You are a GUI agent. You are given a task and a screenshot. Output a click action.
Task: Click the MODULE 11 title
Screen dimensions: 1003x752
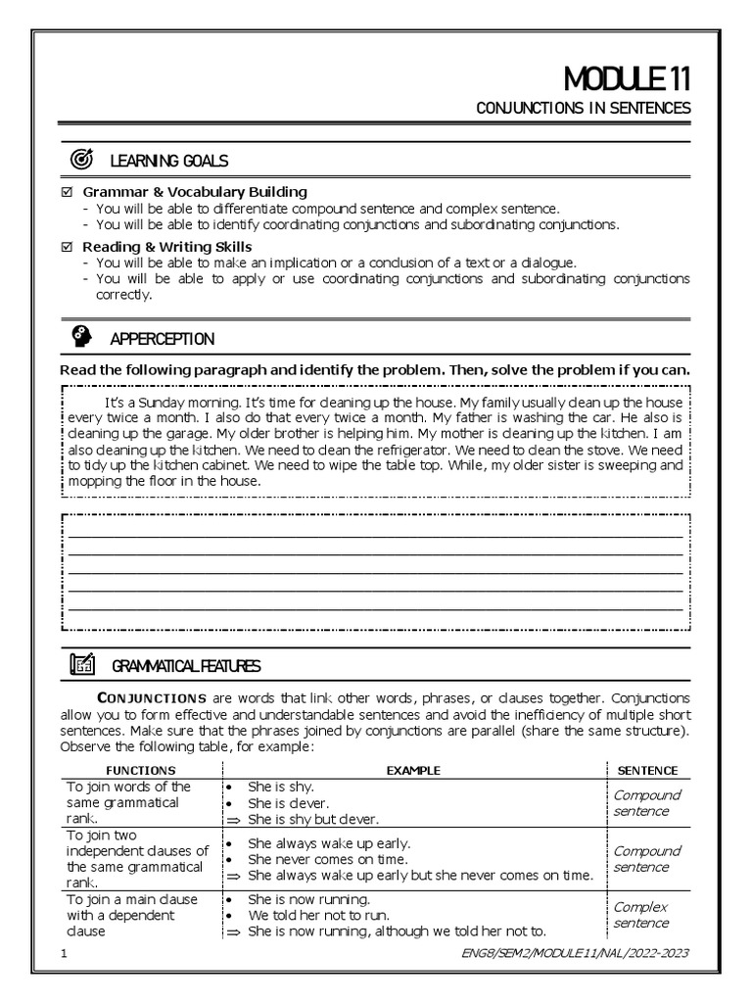[x=627, y=79]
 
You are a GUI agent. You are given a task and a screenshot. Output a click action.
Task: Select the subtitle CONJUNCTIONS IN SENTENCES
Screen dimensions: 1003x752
[x=583, y=108]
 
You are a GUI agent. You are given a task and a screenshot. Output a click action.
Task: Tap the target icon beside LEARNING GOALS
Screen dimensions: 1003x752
[x=82, y=159]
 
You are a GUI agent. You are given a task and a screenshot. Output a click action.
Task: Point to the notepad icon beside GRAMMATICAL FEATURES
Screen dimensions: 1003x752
[x=82, y=665]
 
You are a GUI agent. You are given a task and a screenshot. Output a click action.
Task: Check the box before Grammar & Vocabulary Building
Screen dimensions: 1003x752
[x=67, y=192]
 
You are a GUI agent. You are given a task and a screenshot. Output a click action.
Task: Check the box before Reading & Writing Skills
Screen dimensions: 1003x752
[x=67, y=247]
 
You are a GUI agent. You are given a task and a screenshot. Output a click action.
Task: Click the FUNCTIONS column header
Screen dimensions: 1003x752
[x=141, y=771]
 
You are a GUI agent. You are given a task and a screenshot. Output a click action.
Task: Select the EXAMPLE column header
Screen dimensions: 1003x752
[x=413, y=771]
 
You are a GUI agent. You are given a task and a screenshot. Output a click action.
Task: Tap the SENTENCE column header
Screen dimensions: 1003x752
[x=647, y=771]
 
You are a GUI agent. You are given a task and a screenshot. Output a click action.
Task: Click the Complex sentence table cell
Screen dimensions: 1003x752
[x=641, y=915]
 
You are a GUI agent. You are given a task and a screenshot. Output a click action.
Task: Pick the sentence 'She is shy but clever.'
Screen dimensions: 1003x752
[x=313, y=819]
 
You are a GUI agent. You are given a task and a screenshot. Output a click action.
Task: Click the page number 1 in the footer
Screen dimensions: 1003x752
[x=64, y=953]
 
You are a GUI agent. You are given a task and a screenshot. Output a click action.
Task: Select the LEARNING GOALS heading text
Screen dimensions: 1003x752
[x=169, y=160]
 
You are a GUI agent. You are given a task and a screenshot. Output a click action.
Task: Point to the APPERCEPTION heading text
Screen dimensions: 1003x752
[x=162, y=339]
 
